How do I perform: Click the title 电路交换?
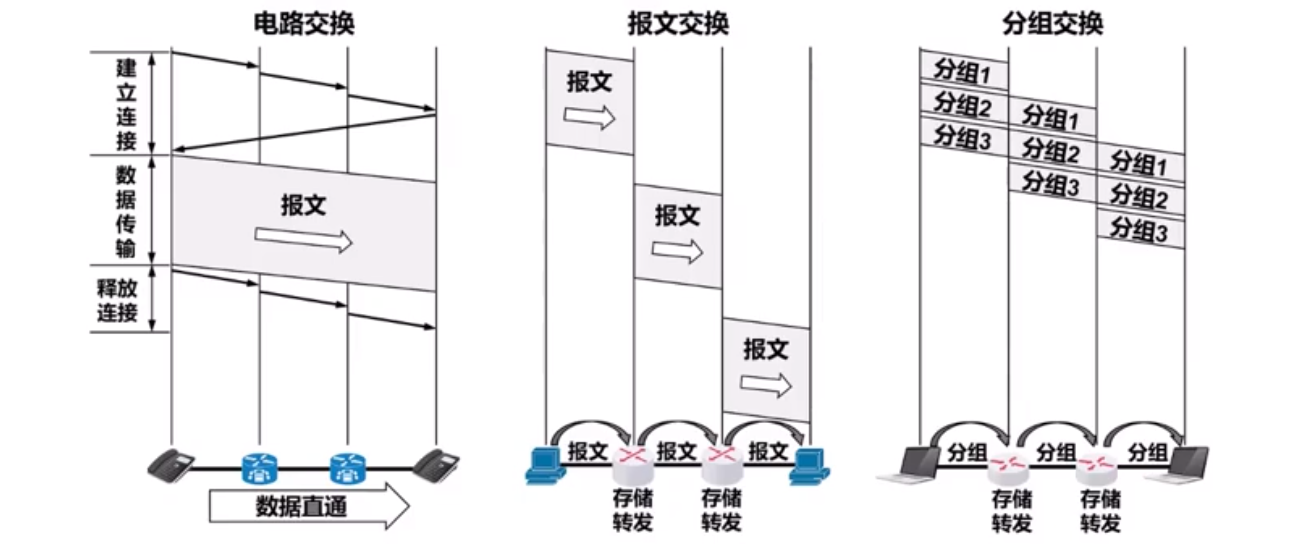point(303,24)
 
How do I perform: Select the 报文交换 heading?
point(678,24)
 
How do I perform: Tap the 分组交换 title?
point(1052,24)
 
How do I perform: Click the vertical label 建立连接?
point(126,104)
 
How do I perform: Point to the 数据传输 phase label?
point(126,211)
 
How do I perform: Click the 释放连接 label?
point(117,300)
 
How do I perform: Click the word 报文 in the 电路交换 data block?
point(303,205)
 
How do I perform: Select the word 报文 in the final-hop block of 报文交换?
point(766,349)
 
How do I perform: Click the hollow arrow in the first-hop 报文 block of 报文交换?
point(589,117)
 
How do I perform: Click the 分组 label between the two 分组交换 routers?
point(1056,452)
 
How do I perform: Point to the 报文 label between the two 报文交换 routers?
point(677,451)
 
